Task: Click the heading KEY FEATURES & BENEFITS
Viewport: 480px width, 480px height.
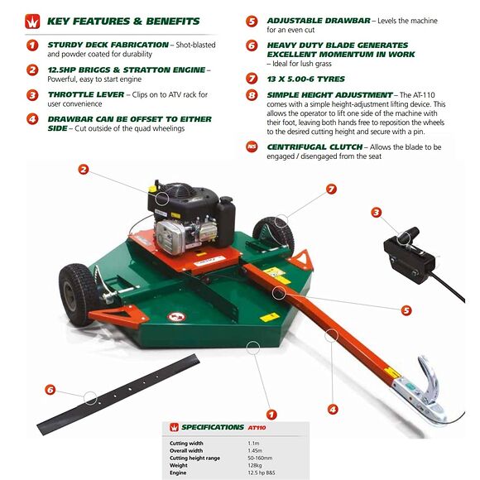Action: pos(123,21)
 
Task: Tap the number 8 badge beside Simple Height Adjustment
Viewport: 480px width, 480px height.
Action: pos(252,96)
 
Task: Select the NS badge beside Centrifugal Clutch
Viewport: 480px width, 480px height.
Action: pos(252,147)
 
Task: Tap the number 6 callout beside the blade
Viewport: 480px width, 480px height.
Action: pos(50,389)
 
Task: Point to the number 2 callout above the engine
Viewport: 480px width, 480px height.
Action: pos(84,170)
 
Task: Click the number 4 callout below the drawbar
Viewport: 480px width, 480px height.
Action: pos(333,408)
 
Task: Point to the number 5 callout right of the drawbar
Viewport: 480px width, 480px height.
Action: pos(406,310)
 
